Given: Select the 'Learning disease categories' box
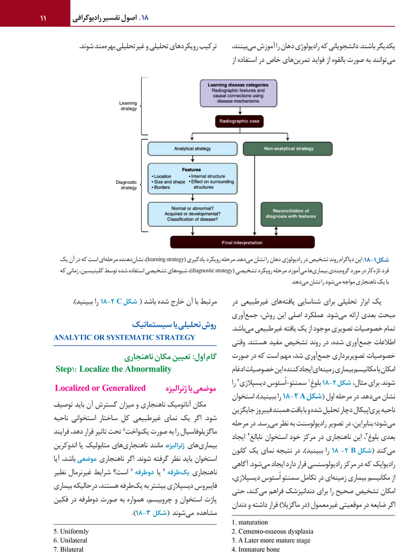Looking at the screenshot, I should [237, 93].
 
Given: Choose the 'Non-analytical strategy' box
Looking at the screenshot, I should [288, 148].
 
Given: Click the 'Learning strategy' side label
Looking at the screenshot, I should [128, 106].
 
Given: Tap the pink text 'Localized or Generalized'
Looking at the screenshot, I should [100, 388].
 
